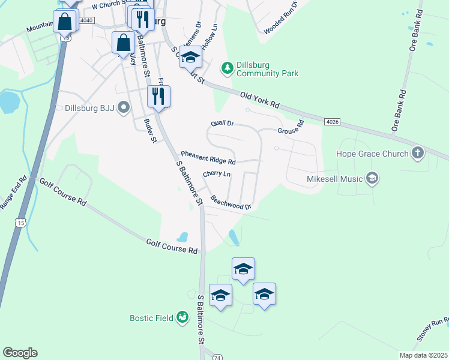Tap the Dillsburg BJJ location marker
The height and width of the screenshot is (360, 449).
coord(124,109)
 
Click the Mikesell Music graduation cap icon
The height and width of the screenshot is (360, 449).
coord(372,178)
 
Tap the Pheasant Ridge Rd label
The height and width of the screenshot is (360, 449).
coord(208,158)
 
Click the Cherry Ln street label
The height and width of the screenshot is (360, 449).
coord(217,174)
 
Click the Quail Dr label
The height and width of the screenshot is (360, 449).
coord(221,124)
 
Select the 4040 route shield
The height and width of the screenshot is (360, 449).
coord(86,20)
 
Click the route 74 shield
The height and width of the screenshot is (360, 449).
coord(217,356)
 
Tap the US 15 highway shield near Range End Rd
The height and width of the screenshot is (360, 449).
coord(21,223)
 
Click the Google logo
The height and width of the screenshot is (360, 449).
coord(20,353)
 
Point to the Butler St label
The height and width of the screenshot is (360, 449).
coord(150,130)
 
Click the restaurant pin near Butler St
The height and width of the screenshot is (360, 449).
coord(158,96)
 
